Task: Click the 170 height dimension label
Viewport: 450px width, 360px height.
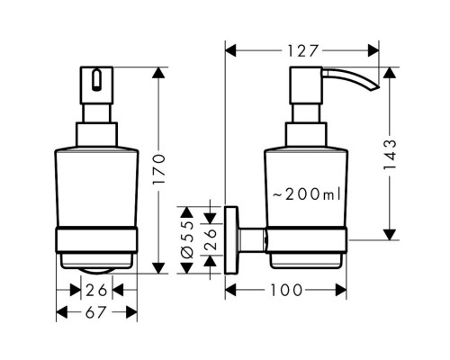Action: point(159,169)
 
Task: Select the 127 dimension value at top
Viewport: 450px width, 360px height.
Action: point(302,51)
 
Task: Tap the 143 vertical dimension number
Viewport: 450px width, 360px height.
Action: point(390,155)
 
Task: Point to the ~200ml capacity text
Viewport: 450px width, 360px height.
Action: point(307,194)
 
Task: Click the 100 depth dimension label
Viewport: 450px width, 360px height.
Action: point(286,290)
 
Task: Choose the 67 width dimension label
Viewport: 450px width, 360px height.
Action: point(95,312)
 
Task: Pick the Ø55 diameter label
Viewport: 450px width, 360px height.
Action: point(187,239)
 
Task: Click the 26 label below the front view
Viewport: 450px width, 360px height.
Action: point(96,290)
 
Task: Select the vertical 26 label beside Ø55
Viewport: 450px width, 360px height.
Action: point(210,239)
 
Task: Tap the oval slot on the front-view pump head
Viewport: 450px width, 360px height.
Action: point(96,80)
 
